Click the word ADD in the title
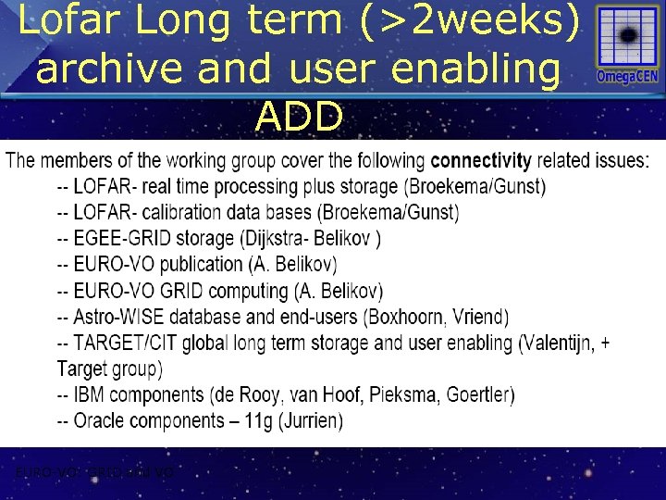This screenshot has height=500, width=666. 300,118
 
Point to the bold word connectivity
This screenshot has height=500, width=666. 481,161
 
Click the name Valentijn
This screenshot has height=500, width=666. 560,344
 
